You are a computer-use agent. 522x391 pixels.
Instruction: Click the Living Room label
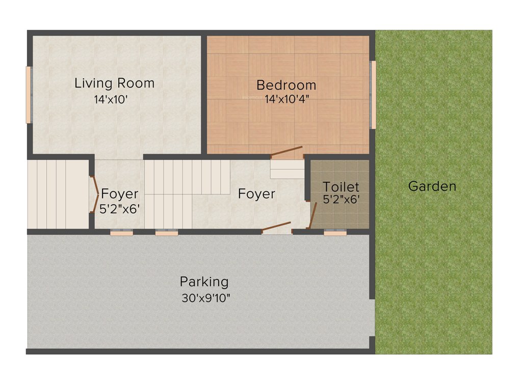point(114,83)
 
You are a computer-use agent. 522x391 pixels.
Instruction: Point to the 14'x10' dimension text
point(110,100)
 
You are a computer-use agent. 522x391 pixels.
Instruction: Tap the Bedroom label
point(286,85)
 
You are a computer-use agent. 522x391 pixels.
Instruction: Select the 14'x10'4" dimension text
point(286,100)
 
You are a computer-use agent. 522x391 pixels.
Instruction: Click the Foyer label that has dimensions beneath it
point(119,194)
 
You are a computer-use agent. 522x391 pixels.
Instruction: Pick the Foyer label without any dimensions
point(256,194)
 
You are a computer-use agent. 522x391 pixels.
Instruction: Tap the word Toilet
point(341,187)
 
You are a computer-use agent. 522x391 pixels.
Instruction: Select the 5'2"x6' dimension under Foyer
point(119,209)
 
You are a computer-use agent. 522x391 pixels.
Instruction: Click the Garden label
point(432,186)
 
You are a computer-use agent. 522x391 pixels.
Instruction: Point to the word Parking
point(204,281)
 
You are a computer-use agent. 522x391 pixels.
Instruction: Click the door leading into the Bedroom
point(286,151)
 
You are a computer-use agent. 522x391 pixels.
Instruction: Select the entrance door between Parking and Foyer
point(276,227)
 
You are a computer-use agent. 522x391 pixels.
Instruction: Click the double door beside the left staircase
point(95,194)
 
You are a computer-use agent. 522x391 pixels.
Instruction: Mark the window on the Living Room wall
point(29,95)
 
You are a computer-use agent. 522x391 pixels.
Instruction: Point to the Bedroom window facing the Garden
point(373,95)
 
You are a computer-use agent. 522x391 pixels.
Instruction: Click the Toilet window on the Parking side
point(335,233)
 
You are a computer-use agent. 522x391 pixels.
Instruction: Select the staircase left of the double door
point(58,194)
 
